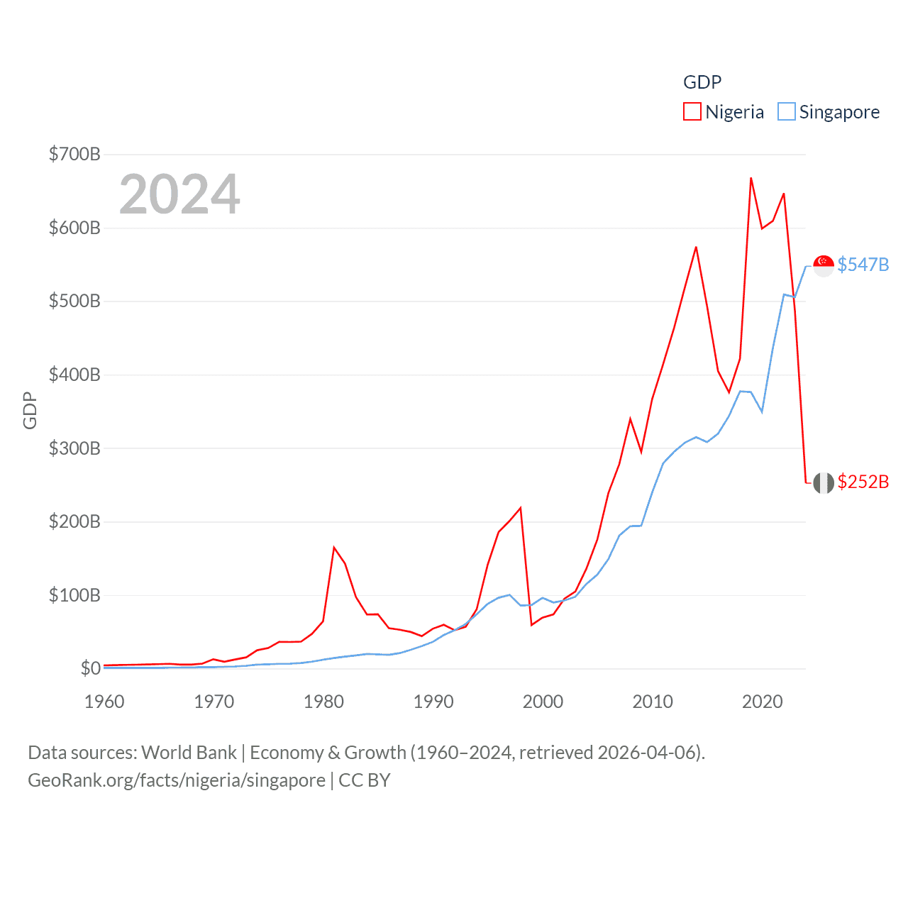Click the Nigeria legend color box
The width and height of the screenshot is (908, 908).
point(692,112)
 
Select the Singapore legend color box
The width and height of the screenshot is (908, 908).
point(786,112)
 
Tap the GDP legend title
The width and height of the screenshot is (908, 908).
point(702,82)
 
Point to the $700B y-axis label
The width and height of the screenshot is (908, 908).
point(74,154)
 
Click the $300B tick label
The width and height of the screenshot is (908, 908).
point(74,448)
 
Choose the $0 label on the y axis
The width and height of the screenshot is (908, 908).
point(90,668)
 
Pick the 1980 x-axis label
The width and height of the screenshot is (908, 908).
point(323,702)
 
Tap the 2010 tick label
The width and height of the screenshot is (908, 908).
point(653,702)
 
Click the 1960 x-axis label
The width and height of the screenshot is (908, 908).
point(104,702)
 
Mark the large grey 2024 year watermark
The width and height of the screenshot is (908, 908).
point(179,194)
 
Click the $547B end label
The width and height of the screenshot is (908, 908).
point(863,265)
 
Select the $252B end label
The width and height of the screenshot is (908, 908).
point(863,482)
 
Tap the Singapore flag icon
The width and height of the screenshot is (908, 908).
point(823,265)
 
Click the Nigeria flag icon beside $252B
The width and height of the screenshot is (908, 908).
point(823,482)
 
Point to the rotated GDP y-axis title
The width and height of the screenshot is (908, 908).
point(30,410)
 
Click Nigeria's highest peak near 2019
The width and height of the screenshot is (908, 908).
point(751,178)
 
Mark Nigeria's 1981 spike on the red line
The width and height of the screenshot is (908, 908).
point(334,548)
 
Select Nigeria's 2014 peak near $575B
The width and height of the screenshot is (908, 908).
point(696,248)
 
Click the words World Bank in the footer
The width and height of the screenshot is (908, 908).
point(189,752)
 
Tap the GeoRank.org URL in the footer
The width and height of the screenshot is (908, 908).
point(177,780)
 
